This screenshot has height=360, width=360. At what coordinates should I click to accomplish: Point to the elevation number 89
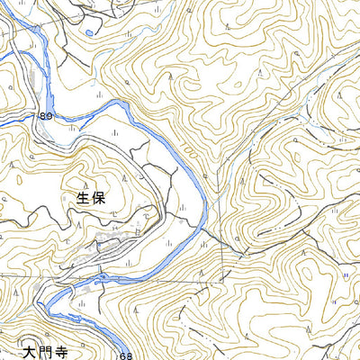(x=47, y=116)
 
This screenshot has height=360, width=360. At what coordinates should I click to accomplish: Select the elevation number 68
(x=127, y=356)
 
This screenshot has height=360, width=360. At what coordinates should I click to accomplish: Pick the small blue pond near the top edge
(x=90, y=33)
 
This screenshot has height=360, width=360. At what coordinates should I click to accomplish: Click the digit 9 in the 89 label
(x=50, y=116)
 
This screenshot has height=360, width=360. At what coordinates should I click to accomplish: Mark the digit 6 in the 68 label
(x=123, y=356)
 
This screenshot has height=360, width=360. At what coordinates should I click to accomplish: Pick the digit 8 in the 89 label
(x=43, y=116)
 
